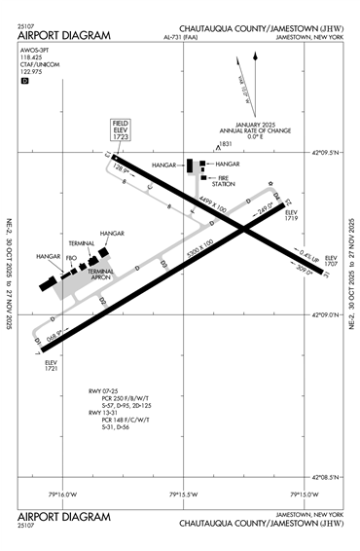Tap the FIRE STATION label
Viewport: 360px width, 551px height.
[225, 182]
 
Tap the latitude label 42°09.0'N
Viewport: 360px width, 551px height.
[328, 315]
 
